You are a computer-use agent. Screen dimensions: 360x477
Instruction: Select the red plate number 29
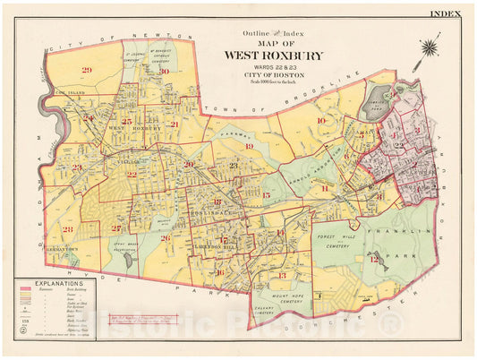click(87, 71)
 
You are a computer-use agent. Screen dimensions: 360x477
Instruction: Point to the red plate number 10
click(319, 119)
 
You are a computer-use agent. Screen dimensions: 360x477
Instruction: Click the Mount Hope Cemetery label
click(285, 302)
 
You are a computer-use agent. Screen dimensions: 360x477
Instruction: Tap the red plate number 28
click(68, 230)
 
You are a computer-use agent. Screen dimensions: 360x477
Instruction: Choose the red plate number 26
click(166, 237)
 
